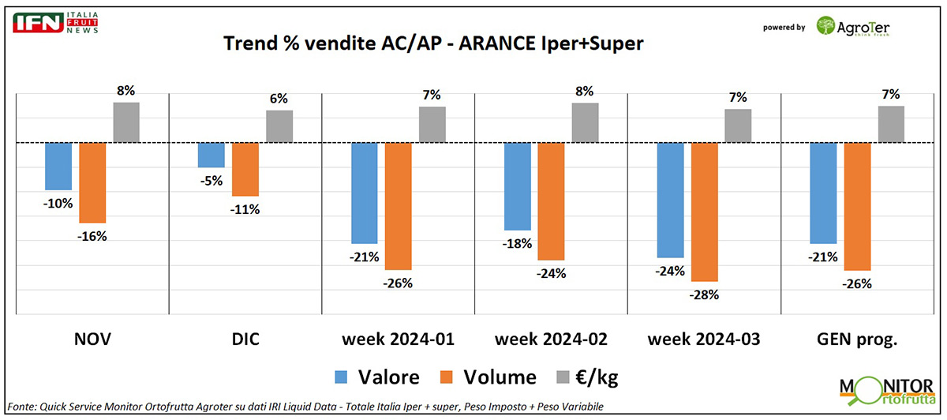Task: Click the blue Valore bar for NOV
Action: coord(58,167)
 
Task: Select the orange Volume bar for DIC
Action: coord(245,169)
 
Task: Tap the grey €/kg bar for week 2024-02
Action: coord(585,123)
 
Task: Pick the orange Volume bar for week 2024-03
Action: coord(704,212)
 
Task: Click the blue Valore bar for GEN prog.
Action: coord(823,193)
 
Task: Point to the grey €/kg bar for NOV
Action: coord(126,122)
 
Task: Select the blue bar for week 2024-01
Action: coord(365,193)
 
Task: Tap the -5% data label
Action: coord(211,180)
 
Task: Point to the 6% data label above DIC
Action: coord(279,99)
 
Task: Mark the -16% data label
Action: coord(92,235)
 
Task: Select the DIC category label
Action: coord(245,339)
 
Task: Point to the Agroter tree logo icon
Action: coord(827,27)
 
